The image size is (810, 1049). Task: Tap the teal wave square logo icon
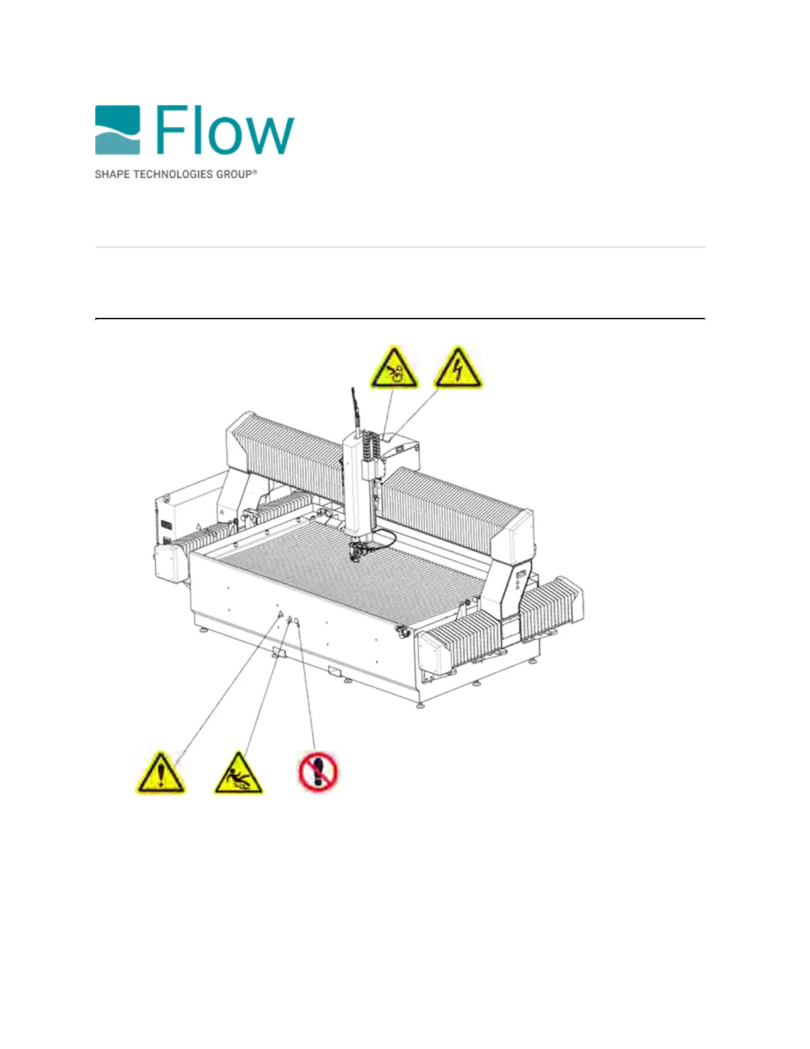[117, 130]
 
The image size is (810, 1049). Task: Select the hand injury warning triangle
[394, 368]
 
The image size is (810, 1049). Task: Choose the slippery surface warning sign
[238, 774]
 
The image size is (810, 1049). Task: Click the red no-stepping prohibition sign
[318, 772]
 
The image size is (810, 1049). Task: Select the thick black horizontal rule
[400, 319]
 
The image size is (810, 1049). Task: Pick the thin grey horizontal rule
[400, 247]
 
